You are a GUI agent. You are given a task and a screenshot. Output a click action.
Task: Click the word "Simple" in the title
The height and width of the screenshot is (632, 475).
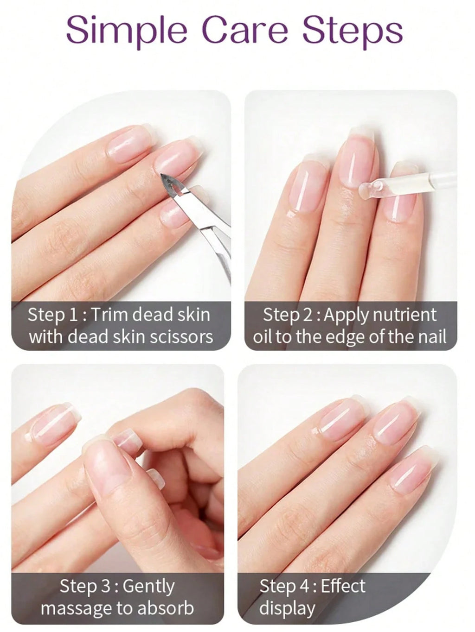tap(127, 30)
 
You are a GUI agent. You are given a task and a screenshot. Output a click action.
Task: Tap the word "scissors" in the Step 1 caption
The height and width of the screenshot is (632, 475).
tap(181, 336)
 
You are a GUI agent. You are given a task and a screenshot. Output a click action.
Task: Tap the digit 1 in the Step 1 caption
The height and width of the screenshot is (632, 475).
tap(73, 315)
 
